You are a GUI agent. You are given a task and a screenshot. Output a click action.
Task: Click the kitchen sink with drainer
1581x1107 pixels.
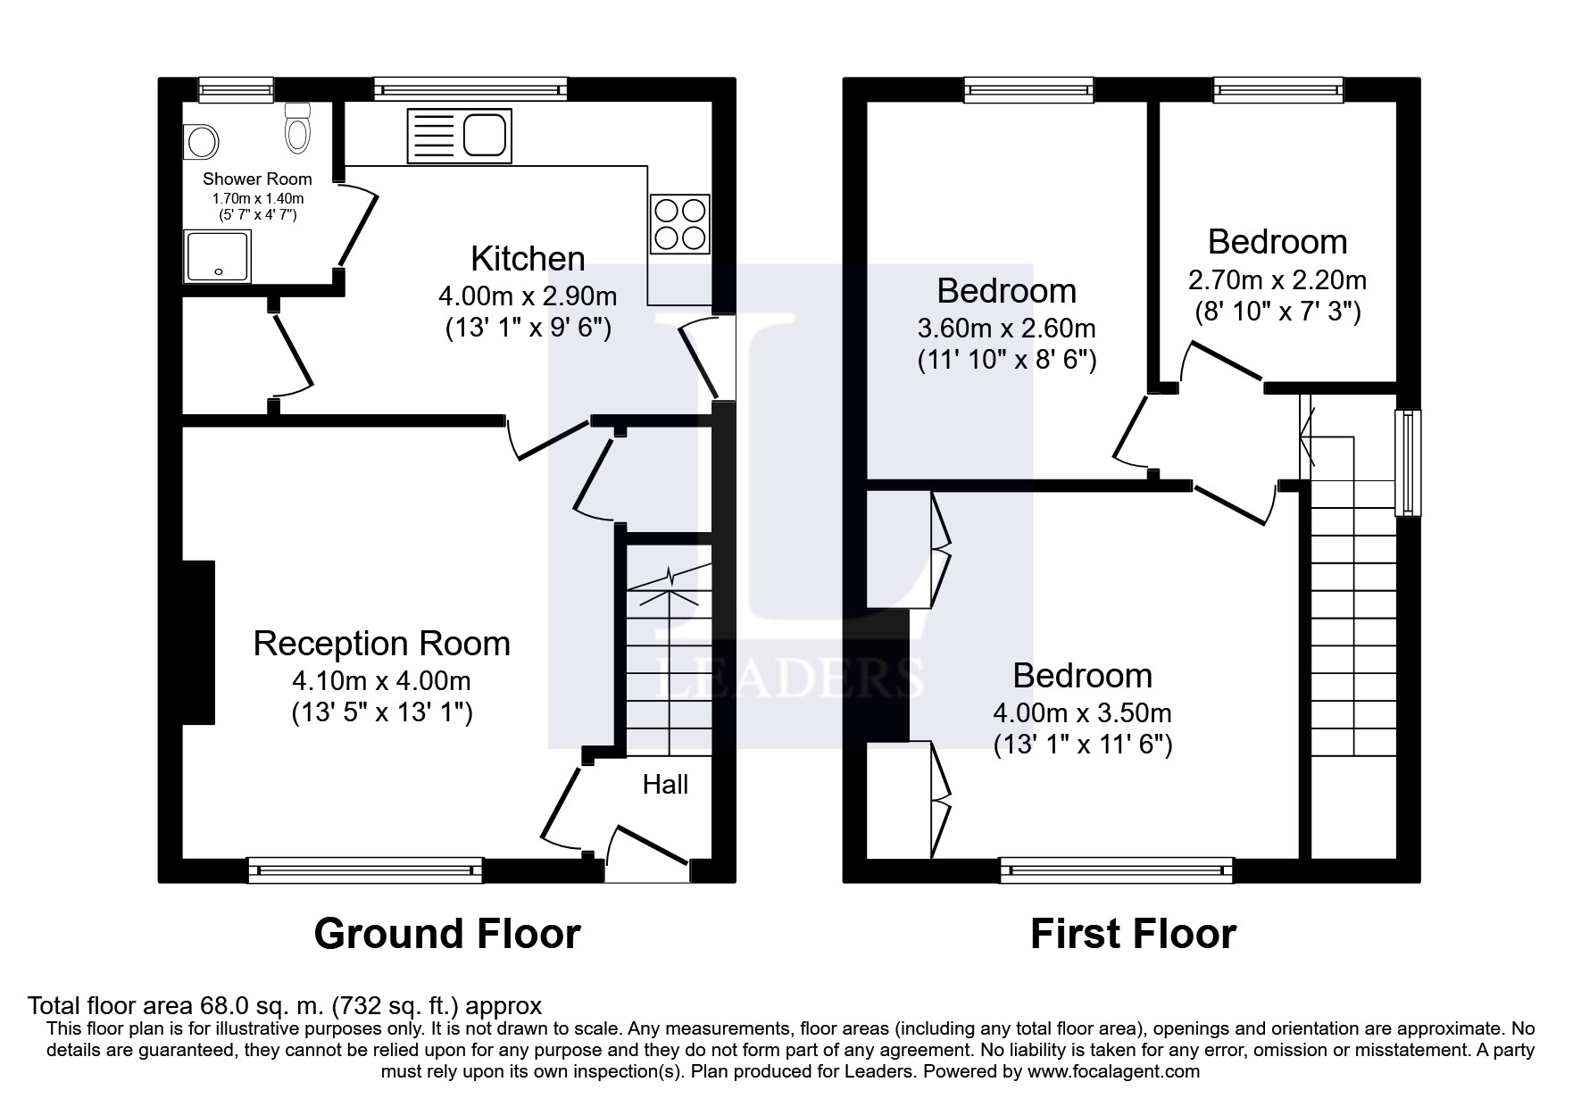pyautogui.click(x=459, y=136)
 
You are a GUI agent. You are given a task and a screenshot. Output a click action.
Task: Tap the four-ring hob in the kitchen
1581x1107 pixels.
pyautogui.click(x=680, y=224)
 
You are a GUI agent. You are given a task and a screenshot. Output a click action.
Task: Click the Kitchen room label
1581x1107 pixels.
pyautogui.click(x=528, y=259)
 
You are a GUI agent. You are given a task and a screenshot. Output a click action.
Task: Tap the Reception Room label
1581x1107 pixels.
pyautogui.click(x=381, y=644)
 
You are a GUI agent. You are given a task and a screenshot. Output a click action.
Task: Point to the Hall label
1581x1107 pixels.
pyautogui.click(x=665, y=785)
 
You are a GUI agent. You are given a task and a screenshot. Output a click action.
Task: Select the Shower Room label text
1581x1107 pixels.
pyautogui.click(x=257, y=179)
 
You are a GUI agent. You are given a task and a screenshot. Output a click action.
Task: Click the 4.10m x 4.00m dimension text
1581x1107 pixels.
pyautogui.click(x=381, y=681)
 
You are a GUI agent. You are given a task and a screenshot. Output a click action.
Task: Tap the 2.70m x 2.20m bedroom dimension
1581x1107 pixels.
pyautogui.click(x=1277, y=280)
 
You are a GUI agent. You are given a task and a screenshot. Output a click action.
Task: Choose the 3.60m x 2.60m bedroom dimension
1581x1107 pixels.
pyautogui.click(x=1007, y=329)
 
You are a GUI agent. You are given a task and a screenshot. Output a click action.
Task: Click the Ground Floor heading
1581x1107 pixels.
pyautogui.click(x=447, y=934)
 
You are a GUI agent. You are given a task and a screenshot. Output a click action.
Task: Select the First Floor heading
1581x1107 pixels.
pyautogui.click(x=1133, y=934)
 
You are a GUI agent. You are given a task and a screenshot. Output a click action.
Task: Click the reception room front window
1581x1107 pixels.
pyautogui.click(x=365, y=870)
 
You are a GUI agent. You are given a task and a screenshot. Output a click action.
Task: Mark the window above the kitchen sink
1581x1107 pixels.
pyautogui.click(x=470, y=88)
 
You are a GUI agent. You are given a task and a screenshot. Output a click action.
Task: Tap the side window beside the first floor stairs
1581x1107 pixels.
pyautogui.click(x=1408, y=462)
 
